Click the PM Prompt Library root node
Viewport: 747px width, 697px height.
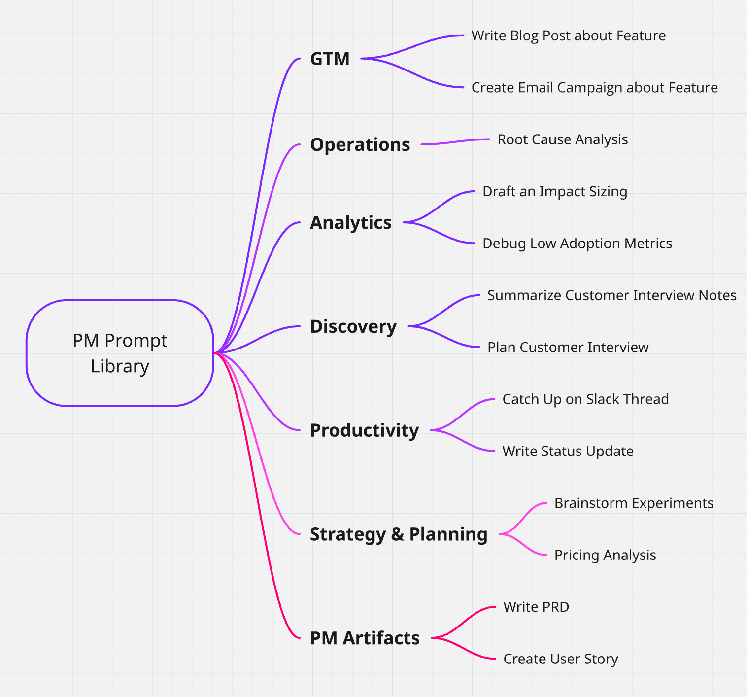pyautogui.click(x=120, y=353)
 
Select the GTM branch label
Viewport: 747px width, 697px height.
pyautogui.click(x=330, y=59)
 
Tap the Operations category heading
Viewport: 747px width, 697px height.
pyautogui.click(x=360, y=144)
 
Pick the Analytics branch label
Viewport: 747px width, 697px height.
pyautogui.click(x=350, y=222)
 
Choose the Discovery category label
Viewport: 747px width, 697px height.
pyautogui.click(x=353, y=326)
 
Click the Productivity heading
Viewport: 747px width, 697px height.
pyautogui.click(x=364, y=430)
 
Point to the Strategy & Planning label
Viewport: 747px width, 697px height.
pyautogui.click(x=398, y=534)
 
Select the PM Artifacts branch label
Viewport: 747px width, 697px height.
pyautogui.click(x=365, y=638)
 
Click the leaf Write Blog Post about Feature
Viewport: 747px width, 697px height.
pyautogui.click(x=568, y=35)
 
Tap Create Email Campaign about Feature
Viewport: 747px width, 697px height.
pyautogui.click(x=594, y=87)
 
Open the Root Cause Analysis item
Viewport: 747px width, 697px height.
pyautogui.click(x=562, y=139)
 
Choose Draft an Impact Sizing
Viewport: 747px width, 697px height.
pyautogui.click(x=554, y=191)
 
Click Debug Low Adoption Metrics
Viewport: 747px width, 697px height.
pyautogui.click(x=577, y=243)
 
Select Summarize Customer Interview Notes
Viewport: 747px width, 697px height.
pyautogui.click(x=611, y=295)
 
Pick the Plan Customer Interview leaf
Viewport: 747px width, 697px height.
pyautogui.click(x=568, y=347)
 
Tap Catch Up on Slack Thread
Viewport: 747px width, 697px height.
pyautogui.click(x=585, y=399)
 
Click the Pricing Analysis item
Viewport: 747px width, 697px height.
pyautogui.click(x=605, y=555)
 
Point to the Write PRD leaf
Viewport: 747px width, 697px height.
pyautogui.click(x=536, y=607)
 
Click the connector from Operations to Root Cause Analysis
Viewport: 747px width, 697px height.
pyautogui.click(x=456, y=142)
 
